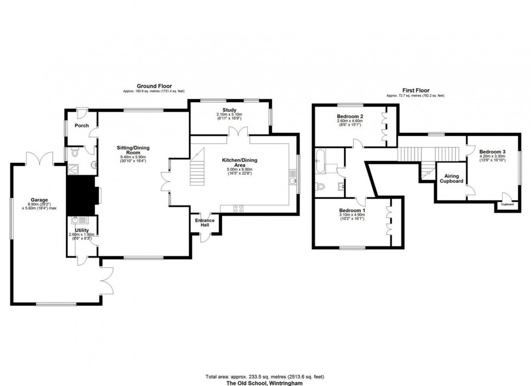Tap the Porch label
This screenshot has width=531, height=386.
pyautogui.click(x=82, y=126)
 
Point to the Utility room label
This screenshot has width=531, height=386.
pyautogui.click(x=82, y=230)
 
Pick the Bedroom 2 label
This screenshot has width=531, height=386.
pyautogui.click(x=349, y=117)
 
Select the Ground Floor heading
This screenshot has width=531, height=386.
pyautogui.click(x=154, y=86)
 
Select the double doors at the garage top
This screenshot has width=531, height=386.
pyautogui.click(x=38, y=159)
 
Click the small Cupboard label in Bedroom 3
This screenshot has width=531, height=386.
pyautogui.click(x=507, y=204)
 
